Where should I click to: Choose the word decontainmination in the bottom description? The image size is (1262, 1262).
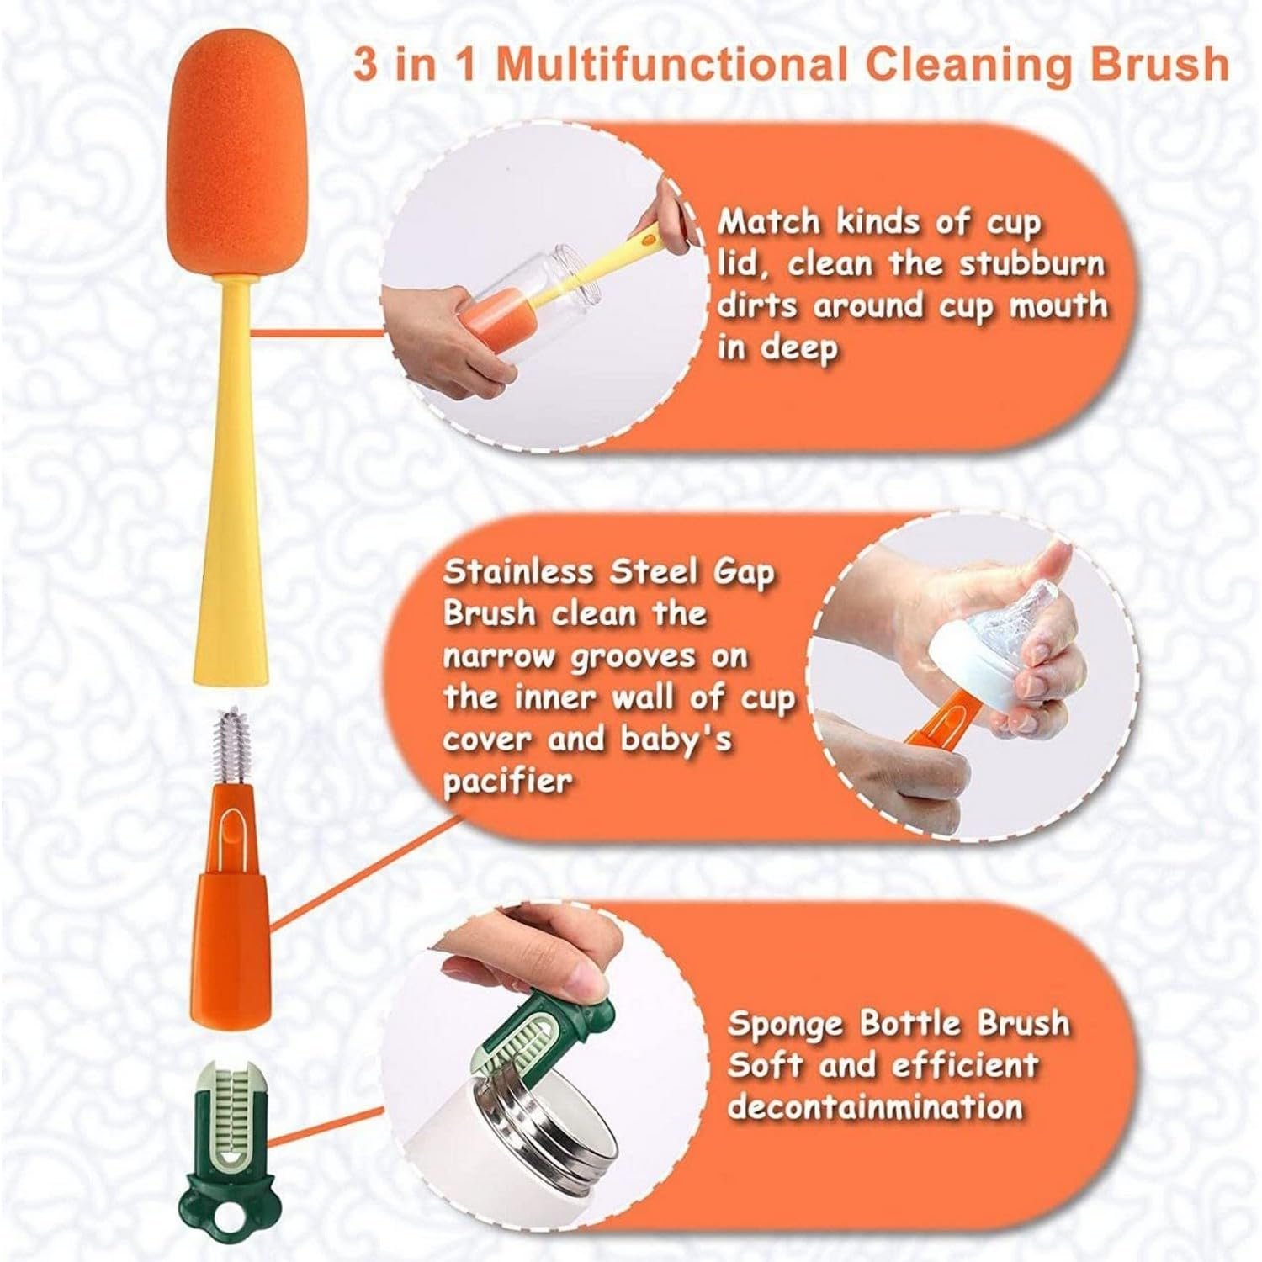(874, 1106)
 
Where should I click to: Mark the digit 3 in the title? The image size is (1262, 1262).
(365, 65)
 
